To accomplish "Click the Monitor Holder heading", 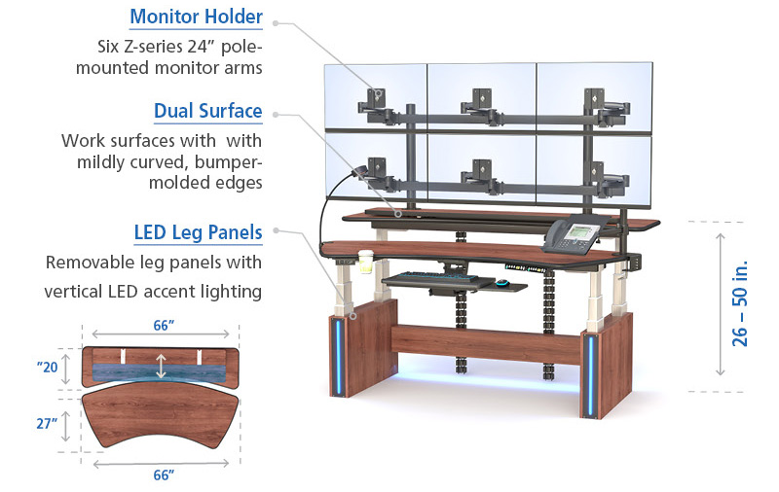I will (196, 18).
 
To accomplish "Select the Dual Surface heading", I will (207, 111).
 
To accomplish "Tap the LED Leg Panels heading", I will (198, 232).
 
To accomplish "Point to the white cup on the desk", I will (366, 264).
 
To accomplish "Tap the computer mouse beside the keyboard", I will (501, 284).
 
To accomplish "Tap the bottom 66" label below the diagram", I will (163, 474).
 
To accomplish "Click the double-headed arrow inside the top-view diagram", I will (161, 368).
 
